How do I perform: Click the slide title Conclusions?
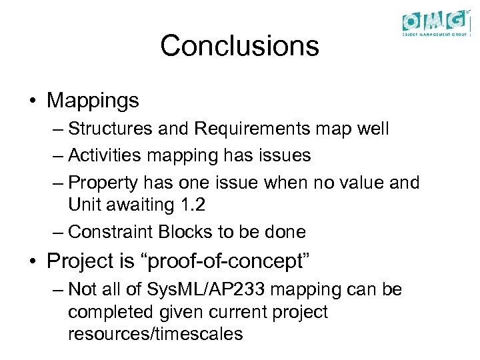[x=239, y=46]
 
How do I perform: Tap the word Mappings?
[x=93, y=101]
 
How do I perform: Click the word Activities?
[x=106, y=155]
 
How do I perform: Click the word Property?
[x=101, y=183]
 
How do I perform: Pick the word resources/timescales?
[x=155, y=333]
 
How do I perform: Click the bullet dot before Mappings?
[x=32, y=101]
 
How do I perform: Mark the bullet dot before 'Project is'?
[x=32, y=262]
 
